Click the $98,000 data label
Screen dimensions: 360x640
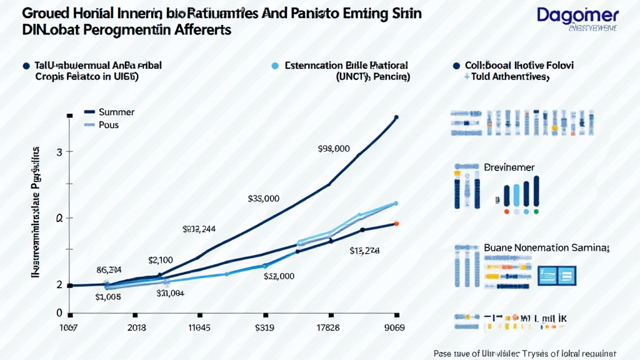333,149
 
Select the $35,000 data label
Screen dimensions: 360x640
263,199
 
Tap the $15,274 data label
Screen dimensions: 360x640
364,251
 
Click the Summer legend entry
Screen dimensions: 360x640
117,112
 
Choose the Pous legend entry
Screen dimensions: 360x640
108,125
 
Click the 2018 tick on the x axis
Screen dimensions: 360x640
137,327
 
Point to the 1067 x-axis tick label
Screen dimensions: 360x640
69,327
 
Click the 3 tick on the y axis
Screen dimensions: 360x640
60,152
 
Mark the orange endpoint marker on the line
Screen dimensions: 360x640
396,223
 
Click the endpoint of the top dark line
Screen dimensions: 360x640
396,116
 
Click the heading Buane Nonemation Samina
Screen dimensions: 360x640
546,247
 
